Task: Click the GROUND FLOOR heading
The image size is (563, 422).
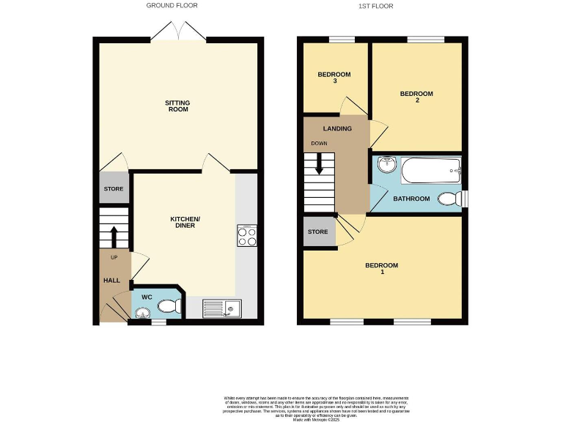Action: [x=172, y=6]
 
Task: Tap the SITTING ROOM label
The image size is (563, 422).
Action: [x=178, y=106]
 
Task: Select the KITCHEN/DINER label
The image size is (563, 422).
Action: [x=185, y=223]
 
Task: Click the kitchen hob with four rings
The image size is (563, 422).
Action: [x=246, y=235]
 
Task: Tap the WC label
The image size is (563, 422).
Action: [x=146, y=297]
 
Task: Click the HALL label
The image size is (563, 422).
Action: [x=111, y=281]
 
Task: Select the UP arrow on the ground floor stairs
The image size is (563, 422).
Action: [x=114, y=237]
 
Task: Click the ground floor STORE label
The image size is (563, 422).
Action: [x=113, y=189]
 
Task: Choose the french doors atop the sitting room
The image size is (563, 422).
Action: [x=178, y=31]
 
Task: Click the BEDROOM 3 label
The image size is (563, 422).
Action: [x=334, y=78]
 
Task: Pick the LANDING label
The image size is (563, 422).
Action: [x=337, y=129]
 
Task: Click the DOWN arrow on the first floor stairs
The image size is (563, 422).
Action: [x=320, y=166]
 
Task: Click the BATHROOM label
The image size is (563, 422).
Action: [x=411, y=199]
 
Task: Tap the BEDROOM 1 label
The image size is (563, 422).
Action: [x=382, y=269]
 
